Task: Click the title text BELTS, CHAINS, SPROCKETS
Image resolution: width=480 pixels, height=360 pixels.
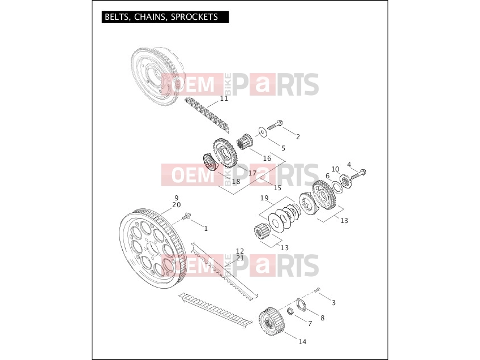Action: pos(161,17)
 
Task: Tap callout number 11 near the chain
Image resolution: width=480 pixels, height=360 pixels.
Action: pos(224,98)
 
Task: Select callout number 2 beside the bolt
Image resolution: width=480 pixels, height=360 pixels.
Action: pos(298,137)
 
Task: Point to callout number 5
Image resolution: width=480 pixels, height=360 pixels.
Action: pos(283,148)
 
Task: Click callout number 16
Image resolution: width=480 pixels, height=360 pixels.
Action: pos(267,158)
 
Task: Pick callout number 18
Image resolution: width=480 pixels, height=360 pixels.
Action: pos(236,182)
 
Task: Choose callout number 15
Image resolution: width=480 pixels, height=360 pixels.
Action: pos(277,188)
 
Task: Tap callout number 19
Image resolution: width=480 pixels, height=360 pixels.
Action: pos(264,198)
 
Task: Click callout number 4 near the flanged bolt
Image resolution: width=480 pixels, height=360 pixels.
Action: pos(349,165)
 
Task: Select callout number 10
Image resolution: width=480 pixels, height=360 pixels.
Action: pos(336,169)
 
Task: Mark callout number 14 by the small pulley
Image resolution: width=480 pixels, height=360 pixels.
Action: pos(302,342)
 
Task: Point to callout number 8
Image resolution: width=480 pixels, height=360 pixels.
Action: pos(322,318)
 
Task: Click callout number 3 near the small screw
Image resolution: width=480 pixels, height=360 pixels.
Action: pos(333,303)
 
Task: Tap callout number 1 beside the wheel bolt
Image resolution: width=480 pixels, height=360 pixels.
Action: pos(206,229)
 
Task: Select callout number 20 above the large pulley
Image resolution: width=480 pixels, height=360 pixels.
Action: pos(177,205)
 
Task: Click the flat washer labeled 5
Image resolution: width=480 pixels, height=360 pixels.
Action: pos(262,132)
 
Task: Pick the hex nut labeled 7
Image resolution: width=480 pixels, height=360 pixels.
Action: pos(290,312)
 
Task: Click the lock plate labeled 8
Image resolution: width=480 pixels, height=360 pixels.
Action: pos(301,305)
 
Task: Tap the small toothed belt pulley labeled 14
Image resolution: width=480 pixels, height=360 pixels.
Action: pos(271,322)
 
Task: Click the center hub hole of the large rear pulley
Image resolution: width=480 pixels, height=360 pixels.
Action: pos(152,248)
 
